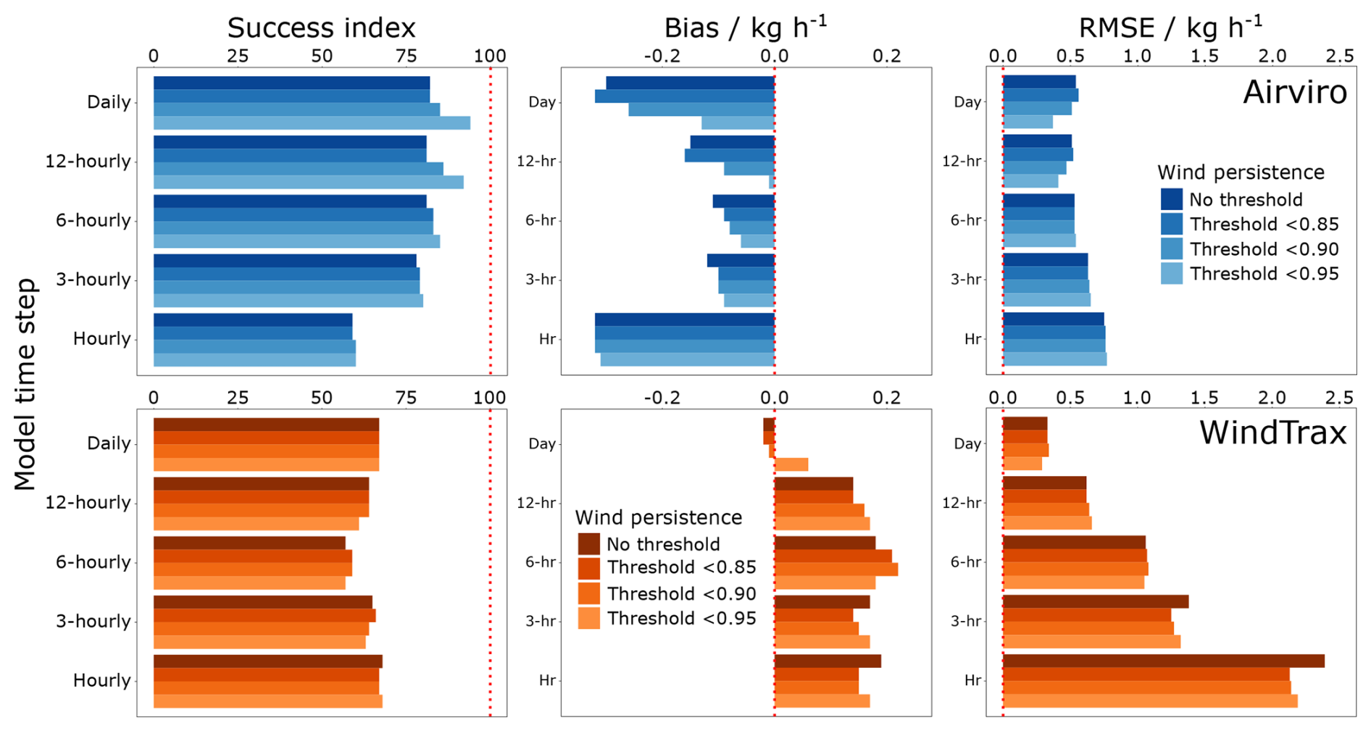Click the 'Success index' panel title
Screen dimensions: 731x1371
pos(321,28)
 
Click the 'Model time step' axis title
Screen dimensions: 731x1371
pos(25,384)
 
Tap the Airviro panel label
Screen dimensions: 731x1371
pos(1294,93)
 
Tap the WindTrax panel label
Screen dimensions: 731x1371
pos(1272,433)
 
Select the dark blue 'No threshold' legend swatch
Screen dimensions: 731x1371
pos(1171,199)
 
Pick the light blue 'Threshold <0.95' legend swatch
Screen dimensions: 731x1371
pos(1171,274)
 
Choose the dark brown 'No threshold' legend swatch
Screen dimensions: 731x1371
pos(588,544)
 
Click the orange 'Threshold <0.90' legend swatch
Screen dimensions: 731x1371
pos(588,593)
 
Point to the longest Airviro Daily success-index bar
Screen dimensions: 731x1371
pos(312,122)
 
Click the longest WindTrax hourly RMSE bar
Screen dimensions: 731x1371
pos(1163,661)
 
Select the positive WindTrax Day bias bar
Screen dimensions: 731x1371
pos(791,464)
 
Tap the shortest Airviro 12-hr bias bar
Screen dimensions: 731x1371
pos(772,182)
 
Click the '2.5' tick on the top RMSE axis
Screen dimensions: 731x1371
pos(1338,56)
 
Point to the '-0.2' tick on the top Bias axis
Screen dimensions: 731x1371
pos(662,56)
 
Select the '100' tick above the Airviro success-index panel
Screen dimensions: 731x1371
pos(490,56)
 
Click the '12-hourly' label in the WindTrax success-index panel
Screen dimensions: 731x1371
pos(88,502)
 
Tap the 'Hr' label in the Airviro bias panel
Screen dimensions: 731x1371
pos(547,339)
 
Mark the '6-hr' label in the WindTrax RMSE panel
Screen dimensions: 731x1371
pos(965,561)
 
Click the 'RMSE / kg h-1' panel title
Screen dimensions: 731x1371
pos(1170,28)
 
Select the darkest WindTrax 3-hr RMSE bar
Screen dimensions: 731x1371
pos(1095,601)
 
